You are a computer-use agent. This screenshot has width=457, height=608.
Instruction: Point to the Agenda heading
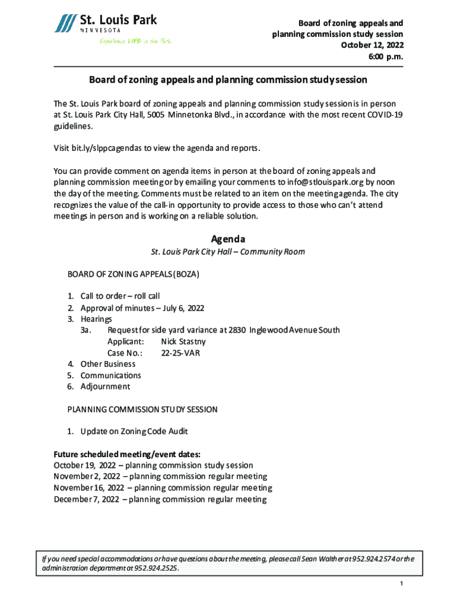tap(228, 239)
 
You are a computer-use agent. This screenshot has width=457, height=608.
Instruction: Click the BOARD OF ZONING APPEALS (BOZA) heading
tap(133, 275)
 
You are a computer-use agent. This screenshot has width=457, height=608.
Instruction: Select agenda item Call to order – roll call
tap(120, 296)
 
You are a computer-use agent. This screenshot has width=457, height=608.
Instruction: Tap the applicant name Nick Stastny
tap(183, 341)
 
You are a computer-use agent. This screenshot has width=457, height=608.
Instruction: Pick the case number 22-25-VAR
tap(180, 353)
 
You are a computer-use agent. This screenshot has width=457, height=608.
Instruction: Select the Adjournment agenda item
tap(105, 387)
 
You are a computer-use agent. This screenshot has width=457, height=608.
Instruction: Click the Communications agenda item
tap(110, 375)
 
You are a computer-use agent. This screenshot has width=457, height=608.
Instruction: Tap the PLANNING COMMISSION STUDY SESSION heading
tap(142, 409)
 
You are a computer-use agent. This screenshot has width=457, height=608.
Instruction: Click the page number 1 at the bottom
tap(401, 585)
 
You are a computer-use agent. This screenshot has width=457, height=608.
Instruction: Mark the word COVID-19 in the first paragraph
tap(383, 115)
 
